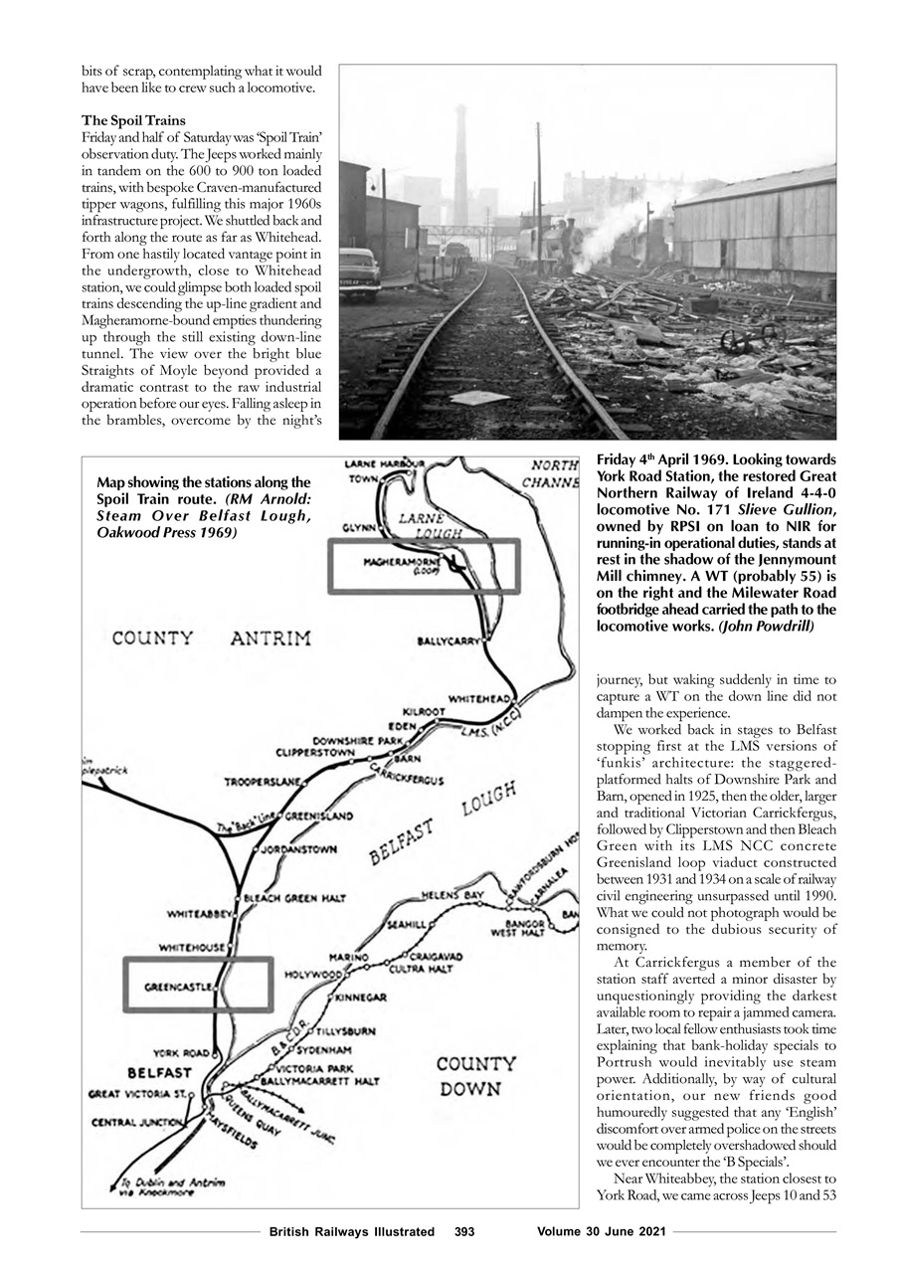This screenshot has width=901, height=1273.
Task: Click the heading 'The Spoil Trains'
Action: point(133,120)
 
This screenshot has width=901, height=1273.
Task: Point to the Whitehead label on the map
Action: point(480,699)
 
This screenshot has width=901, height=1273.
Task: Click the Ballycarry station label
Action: point(449,640)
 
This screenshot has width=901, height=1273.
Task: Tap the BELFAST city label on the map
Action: point(159,1073)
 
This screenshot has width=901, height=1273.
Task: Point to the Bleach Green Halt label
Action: point(294,898)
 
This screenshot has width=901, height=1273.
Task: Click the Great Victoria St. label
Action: point(140,1094)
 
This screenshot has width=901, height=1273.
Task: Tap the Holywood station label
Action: point(312,975)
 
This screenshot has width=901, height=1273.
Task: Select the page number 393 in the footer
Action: point(463,1231)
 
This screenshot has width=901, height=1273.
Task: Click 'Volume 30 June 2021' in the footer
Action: point(601,1231)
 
